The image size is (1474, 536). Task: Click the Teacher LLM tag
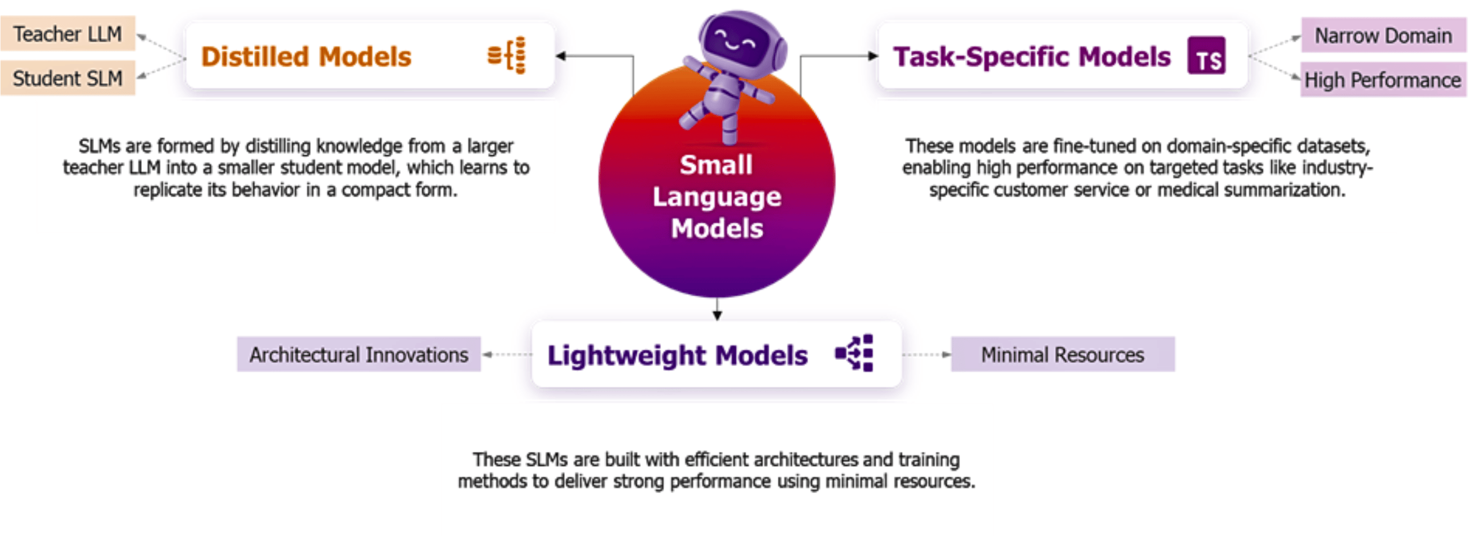coord(68,34)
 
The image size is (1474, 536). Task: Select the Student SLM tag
coord(68,78)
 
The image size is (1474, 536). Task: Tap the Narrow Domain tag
coord(1382,35)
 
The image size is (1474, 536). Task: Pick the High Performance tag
coord(1382,80)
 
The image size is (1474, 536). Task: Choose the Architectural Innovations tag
coord(359,355)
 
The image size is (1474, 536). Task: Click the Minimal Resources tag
coord(1062,355)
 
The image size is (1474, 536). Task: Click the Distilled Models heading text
coord(306,57)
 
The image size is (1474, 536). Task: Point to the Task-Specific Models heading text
coord(1032,57)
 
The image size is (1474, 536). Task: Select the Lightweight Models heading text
coord(677,355)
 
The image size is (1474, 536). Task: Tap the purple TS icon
coord(1206,56)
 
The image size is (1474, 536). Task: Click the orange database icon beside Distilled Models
coord(507,56)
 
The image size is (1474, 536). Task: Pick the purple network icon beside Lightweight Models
coord(855,353)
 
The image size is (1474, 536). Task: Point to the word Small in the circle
coord(716,165)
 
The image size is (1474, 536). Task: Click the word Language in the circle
coord(717,197)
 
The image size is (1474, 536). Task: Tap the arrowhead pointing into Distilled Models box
coord(560,56)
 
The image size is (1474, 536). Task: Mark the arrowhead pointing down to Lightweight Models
coord(717,315)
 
